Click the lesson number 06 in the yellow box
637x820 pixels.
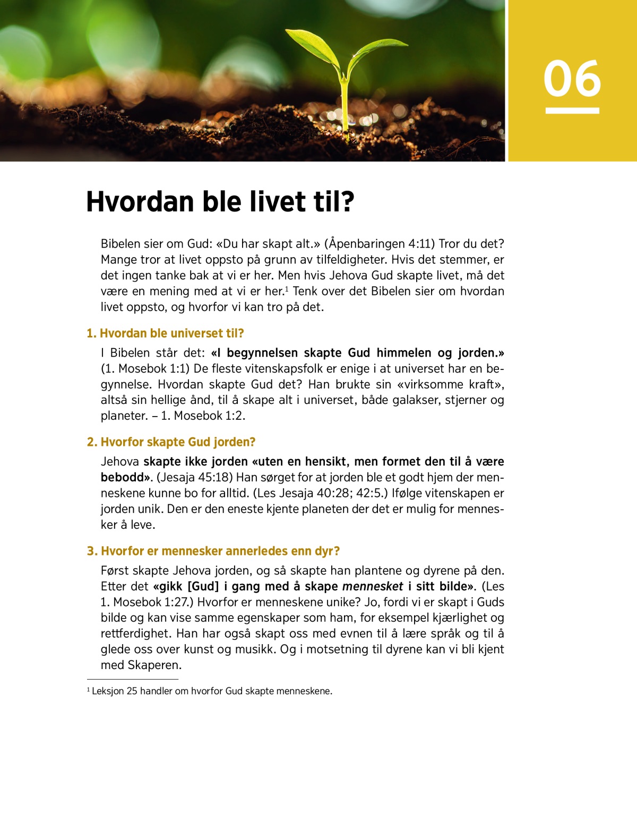pyautogui.click(x=572, y=79)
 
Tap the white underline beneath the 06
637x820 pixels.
pyautogui.click(x=572, y=111)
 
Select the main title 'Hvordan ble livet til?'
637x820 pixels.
pyautogui.click(x=220, y=202)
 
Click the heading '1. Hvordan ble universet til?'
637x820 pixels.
pyautogui.click(x=165, y=333)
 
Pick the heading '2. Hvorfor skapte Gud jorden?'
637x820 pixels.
pyautogui.click(x=171, y=442)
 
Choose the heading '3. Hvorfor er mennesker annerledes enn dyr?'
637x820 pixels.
pyautogui.click(x=213, y=551)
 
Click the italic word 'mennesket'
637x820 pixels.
pyautogui.click(x=373, y=586)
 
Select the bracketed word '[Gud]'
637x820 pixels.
pyautogui.click(x=203, y=586)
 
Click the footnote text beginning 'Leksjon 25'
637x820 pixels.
pyautogui.click(x=212, y=691)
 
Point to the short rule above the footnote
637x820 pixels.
pyautogui.click(x=133, y=679)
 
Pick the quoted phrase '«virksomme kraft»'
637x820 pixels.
pyautogui.click(x=450, y=384)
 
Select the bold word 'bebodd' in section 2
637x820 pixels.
pyautogui.click(x=125, y=477)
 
